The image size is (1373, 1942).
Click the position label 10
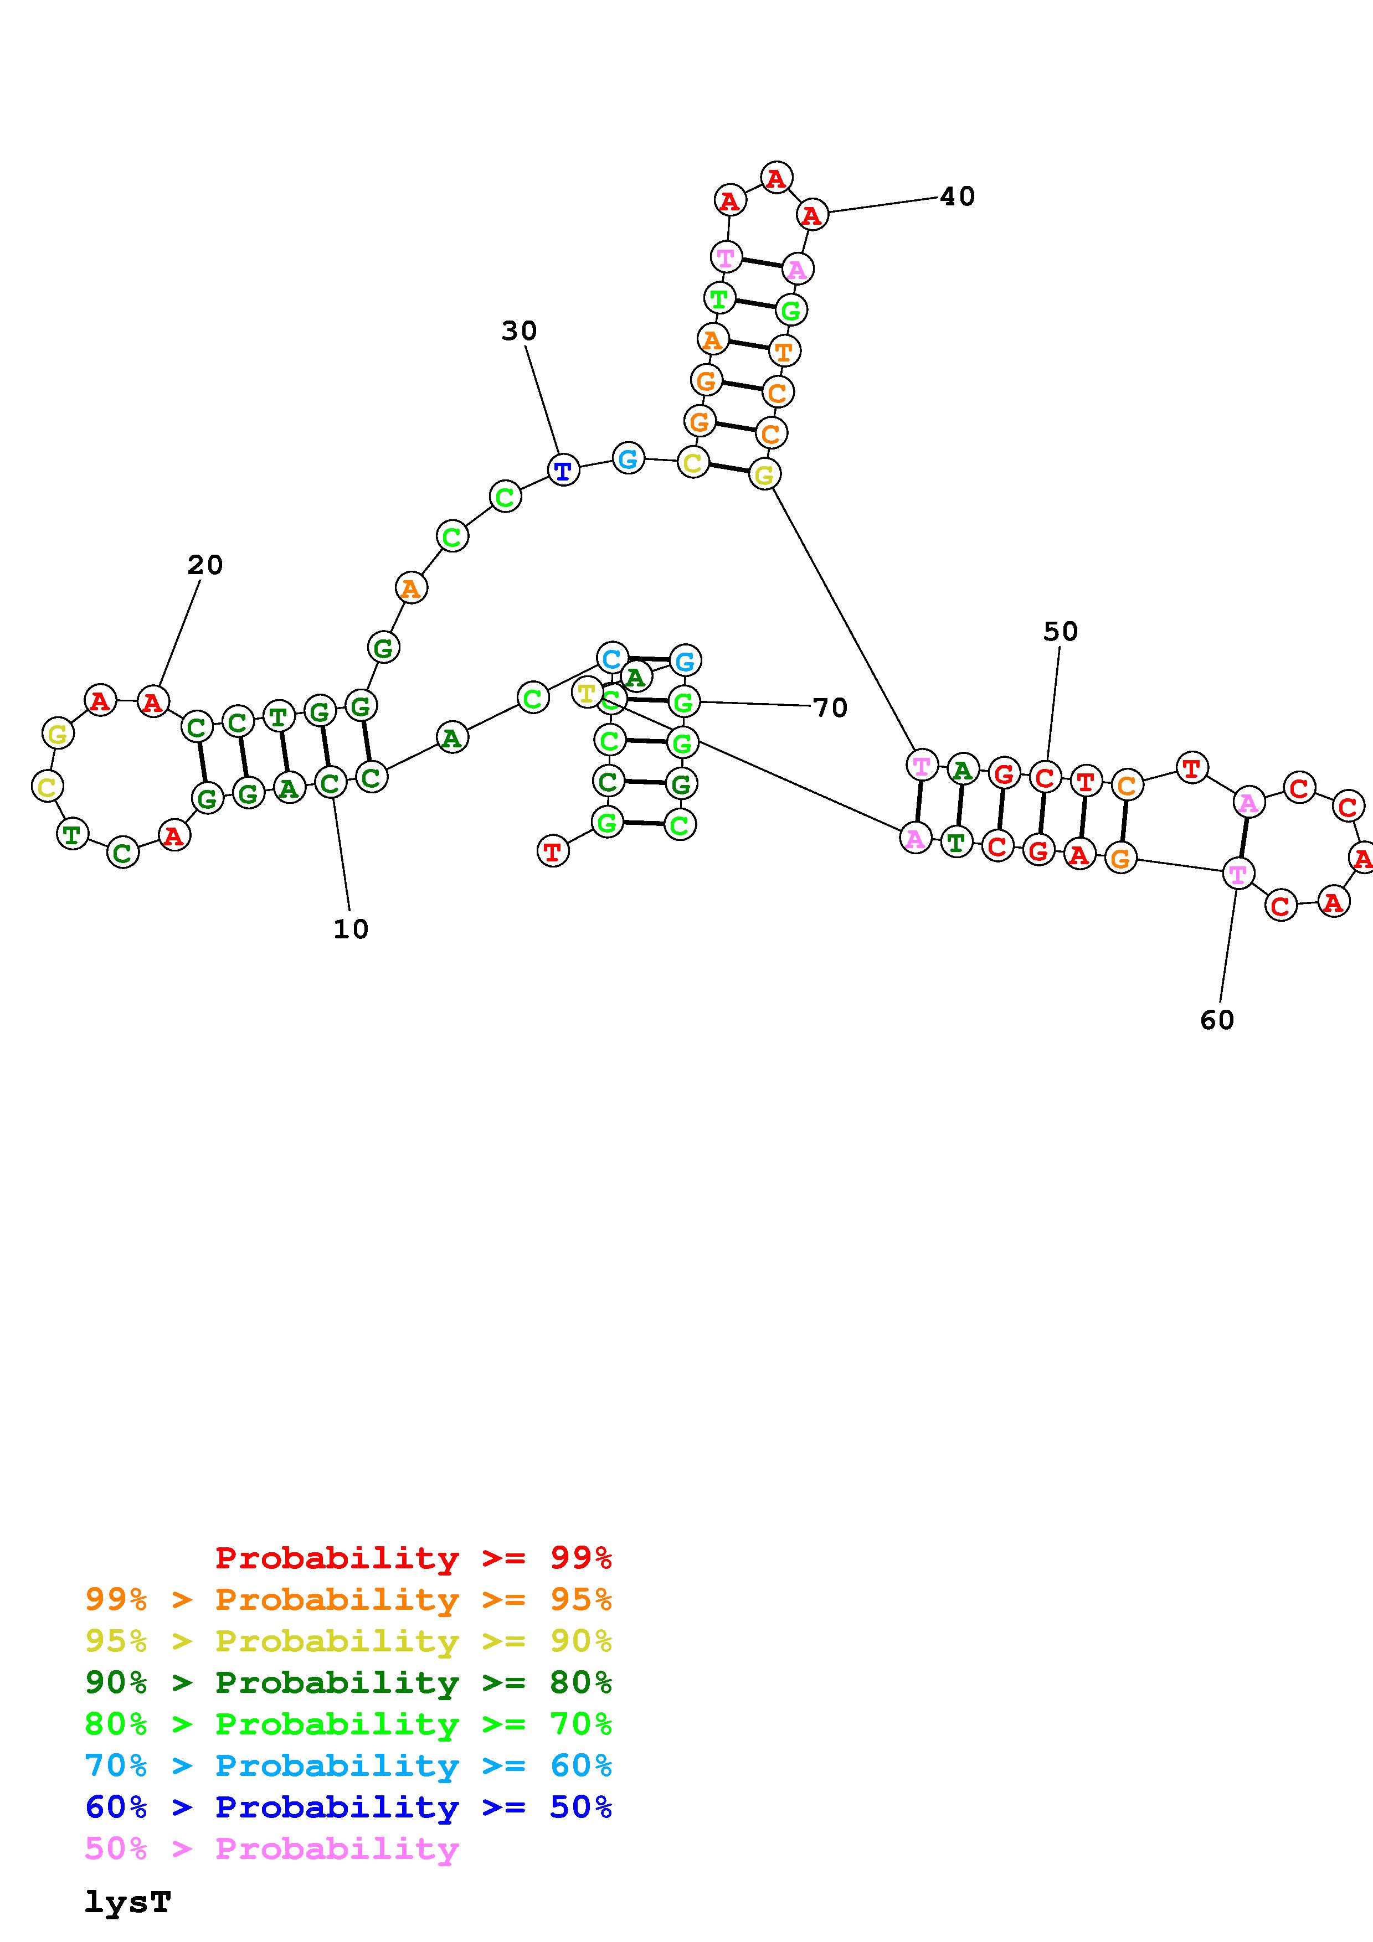point(350,929)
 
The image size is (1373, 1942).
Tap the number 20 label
point(205,565)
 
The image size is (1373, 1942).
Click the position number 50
point(1060,631)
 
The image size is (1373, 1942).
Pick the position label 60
point(1216,1020)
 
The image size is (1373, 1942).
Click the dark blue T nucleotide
point(563,469)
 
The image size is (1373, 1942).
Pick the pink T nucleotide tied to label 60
point(1238,874)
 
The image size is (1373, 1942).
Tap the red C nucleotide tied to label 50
point(1045,777)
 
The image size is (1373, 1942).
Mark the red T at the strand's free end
point(552,851)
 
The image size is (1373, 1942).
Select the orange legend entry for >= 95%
point(348,1599)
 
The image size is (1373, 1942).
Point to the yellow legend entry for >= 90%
point(348,1641)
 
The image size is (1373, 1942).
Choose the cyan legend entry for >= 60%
point(348,1765)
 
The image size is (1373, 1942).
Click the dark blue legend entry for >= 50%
point(348,1807)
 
